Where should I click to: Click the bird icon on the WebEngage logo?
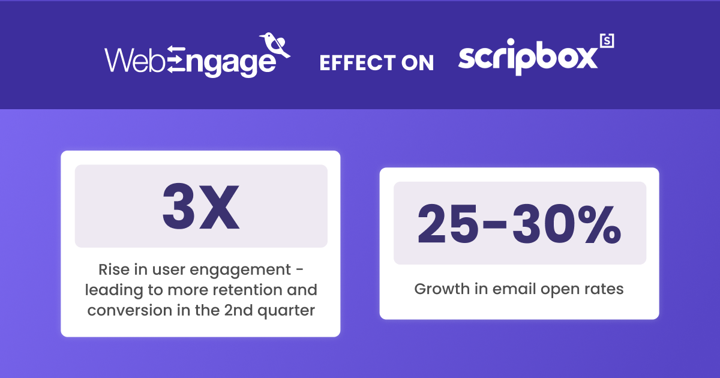tap(275, 46)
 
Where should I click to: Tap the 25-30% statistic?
tap(520, 223)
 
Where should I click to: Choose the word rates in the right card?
tap(605, 289)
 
